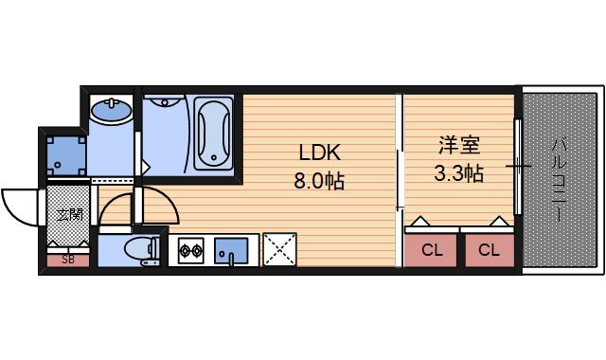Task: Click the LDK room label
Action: click(320, 153)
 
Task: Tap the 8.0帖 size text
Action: click(319, 180)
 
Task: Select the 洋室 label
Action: click(459, 145)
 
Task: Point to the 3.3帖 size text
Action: click(458, 172)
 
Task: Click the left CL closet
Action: click(431, 250)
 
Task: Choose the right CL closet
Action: click(490, 250)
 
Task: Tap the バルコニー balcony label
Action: click(559, 181)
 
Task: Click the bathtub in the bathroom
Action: click(213, 134)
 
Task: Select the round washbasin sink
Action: click(112, 110)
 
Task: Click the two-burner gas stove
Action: click(191, 250)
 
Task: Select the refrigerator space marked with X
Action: click(280, 249)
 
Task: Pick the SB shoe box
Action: click(68, 261)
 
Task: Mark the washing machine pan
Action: click(66, 155)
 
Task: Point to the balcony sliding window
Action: click(518, 167)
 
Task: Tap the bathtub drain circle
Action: click(214, 157)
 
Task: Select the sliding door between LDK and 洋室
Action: click(400, 180)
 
